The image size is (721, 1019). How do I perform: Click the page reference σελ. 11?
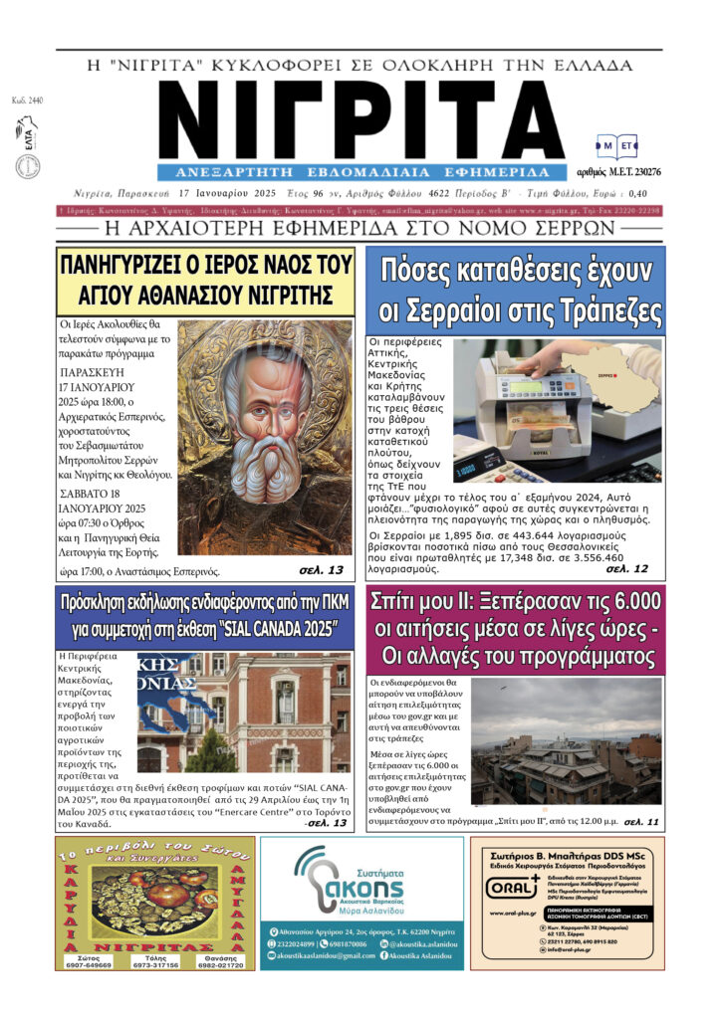[641, 823]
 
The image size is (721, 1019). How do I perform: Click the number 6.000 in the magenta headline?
[620, 602]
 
